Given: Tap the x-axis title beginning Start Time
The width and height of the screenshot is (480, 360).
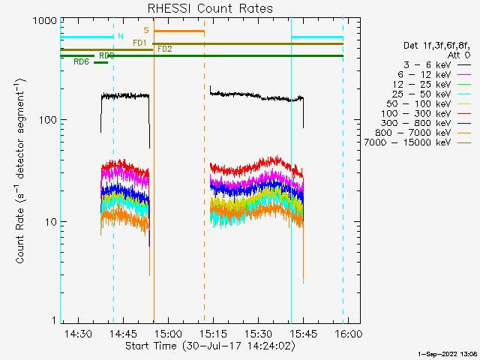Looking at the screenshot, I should [210, 346].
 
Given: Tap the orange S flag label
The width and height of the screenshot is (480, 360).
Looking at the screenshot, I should [146, 30].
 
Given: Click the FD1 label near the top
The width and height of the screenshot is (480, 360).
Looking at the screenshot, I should [139, 43].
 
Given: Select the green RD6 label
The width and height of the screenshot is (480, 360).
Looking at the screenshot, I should [81, 62].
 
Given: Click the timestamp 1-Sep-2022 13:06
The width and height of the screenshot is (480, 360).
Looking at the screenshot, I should [447, 352].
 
